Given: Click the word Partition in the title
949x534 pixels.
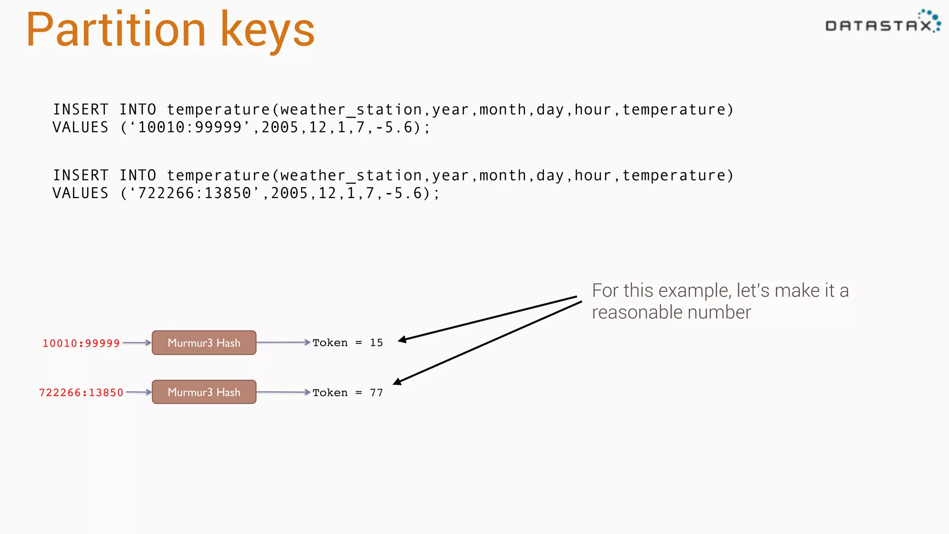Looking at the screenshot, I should point(116,30).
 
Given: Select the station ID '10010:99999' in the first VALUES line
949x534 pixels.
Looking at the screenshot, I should point(190,127).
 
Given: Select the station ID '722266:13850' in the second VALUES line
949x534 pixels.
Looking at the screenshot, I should point(195,193).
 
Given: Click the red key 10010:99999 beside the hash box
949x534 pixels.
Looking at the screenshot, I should point(81,343).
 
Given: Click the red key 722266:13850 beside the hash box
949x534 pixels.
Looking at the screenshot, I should point(81,393).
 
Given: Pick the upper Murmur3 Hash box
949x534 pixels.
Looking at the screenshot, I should point(204,343).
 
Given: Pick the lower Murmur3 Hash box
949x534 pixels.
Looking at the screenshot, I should point(204,392).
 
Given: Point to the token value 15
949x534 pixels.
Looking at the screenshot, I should point(376,343).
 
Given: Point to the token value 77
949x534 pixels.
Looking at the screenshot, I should point(376,393).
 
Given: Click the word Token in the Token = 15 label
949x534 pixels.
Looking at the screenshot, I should point(330,343).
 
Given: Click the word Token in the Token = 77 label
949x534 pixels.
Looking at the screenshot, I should point(330,393).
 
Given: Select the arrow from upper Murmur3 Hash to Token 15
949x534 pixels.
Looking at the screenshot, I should point(283,343).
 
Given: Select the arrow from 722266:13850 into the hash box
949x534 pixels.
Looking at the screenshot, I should point(139,392).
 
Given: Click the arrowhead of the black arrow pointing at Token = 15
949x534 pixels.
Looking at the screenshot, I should point(402,340).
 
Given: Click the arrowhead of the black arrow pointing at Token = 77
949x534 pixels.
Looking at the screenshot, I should point(397,381).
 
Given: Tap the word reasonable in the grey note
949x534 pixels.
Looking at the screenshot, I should point(637,313).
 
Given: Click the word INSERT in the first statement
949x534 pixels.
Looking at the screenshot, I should point(81,110).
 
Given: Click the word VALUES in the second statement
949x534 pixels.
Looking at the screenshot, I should point(81,193).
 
